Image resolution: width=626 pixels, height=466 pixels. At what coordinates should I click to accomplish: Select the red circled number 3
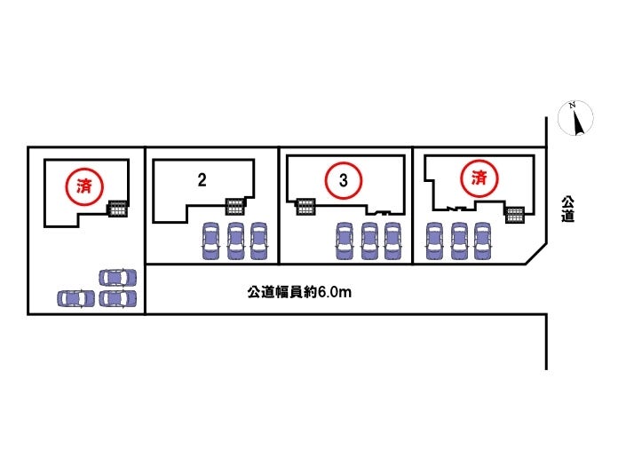(344, 180)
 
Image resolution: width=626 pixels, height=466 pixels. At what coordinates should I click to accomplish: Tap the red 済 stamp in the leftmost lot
(85, 186)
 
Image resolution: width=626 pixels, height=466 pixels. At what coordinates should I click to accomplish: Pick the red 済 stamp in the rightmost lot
(479, 178)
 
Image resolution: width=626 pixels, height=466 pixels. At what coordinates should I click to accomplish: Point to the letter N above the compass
(573, 106)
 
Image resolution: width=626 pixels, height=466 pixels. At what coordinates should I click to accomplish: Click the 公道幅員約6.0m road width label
(299, 291)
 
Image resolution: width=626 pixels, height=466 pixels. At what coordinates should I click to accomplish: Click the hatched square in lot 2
(235, 206)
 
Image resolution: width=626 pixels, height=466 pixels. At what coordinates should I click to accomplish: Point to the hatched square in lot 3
(305, 206)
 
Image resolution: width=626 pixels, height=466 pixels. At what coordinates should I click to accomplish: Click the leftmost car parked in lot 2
(211, 240)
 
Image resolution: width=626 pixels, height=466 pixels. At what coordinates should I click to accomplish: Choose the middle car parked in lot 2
(235, 240)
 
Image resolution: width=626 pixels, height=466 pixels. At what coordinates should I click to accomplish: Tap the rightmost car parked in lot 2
(258, 240)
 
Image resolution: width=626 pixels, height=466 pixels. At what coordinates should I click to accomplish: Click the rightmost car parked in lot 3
(392, 240)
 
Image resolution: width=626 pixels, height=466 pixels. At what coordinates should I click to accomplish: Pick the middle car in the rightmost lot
(458, 240)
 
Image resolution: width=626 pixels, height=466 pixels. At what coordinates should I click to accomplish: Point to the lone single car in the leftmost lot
(75, 298)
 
